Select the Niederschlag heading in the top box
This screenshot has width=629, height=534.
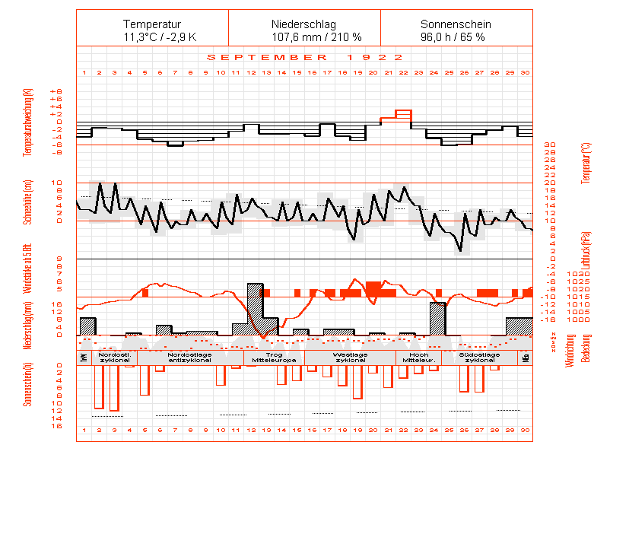(x=304, y=24)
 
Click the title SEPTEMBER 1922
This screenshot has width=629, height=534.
(x=305, y=57)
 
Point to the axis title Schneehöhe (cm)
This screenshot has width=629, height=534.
(x=28, y=202)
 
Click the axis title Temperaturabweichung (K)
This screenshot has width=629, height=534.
(x=28, y=122)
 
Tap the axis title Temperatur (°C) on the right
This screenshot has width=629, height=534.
(x=585, y=162)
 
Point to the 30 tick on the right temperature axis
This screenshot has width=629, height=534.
(x=550, y=145)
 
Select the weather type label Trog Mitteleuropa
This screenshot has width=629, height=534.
(x=266, y=358)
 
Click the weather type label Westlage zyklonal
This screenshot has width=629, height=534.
(x=351, y=358)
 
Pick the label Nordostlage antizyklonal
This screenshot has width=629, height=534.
(x=190, y=358)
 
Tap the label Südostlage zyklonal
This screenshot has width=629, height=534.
(x=480, y=358)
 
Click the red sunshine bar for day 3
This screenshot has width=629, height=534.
(x=114, y=388)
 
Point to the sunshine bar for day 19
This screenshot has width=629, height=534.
(x=357, y=382)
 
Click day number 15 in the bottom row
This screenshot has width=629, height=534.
(x=297, y=431)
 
